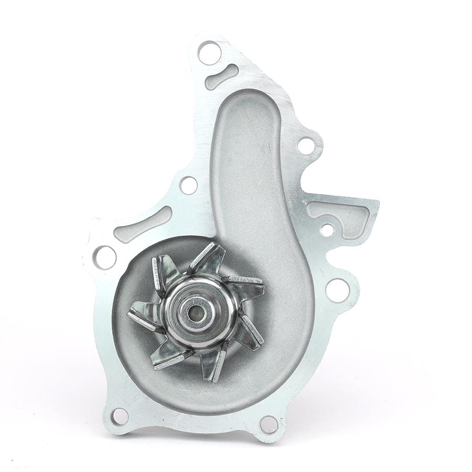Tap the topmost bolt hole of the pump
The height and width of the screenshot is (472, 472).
click(209, 52)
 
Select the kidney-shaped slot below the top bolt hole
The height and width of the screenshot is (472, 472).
click(221, 77)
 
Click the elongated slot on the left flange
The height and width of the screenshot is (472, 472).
click(143, 224)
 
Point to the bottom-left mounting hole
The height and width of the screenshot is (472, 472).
click(119, 416)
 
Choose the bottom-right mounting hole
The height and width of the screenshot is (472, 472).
click(269, 424)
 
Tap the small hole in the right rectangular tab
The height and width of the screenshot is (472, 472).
click(327, 230)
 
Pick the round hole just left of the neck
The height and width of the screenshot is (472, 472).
click(188, 185)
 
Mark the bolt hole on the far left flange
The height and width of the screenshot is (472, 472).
click(104, 257)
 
